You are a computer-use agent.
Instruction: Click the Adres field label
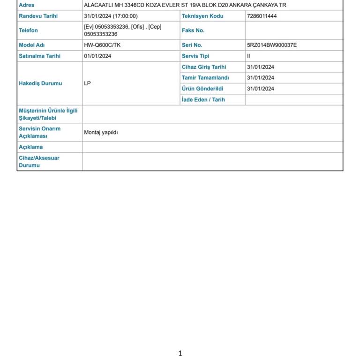[26, 5]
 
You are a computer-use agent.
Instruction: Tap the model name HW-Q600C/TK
[102, 45]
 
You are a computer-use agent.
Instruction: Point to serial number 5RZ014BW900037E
[271, 45]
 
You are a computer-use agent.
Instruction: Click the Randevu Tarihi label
[38, 16]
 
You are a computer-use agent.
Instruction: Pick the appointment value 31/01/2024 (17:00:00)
[111, 16]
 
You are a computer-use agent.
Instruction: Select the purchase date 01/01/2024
[97, 56]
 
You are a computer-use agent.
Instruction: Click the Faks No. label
[193, 30]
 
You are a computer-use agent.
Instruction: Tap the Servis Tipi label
[195, 56]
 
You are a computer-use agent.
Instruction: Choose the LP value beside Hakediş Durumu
[87, 83]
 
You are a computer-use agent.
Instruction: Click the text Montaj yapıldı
[101, 132]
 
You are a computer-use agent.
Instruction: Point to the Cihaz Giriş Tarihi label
[204, 67]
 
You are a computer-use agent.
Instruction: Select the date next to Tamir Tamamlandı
[260, 78]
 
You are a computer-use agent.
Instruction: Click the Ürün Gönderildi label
[202, 89]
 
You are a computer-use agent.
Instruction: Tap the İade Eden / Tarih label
[203, 99]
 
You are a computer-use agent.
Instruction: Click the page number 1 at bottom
[180, 353]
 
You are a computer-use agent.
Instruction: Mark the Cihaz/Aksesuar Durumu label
[39, 162]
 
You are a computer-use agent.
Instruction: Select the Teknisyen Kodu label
[202, 16]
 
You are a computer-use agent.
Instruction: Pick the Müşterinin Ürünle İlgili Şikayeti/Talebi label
[48, 114]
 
